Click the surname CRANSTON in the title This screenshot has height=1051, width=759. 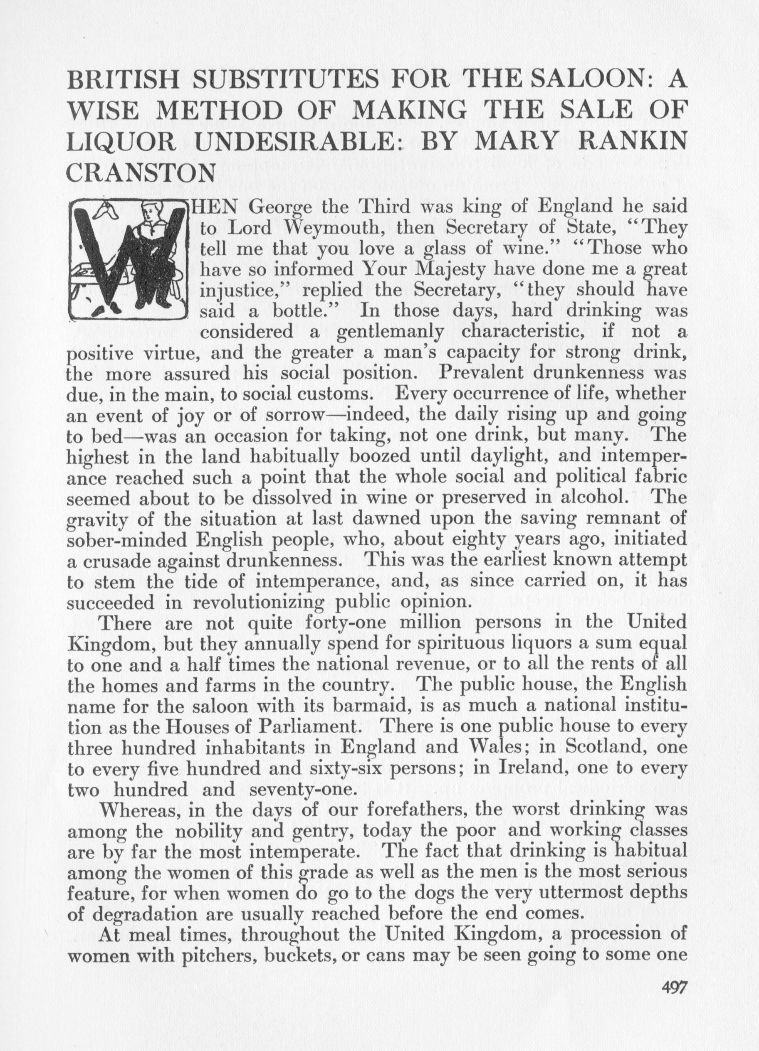(x=141, y=173)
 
